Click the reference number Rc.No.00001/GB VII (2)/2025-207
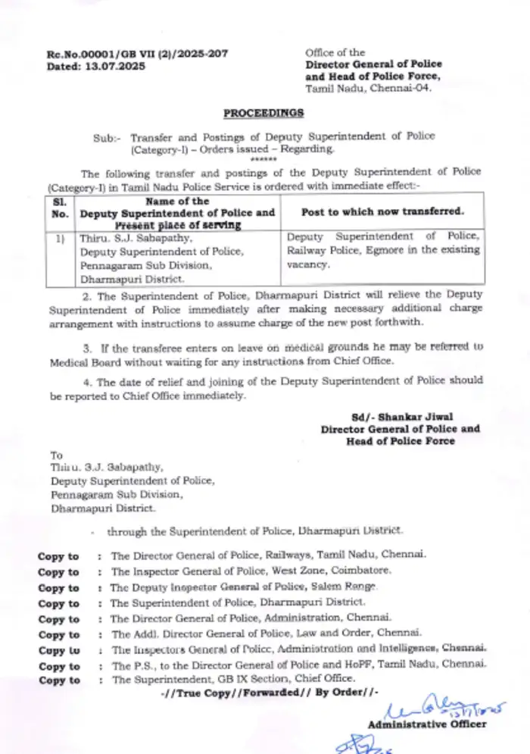point(137,54)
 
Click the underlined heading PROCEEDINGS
point(263,113)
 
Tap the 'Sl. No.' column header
point(61,207)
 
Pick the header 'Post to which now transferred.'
point(382,213)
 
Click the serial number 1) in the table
point(60,238)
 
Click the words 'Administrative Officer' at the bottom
point(427,725)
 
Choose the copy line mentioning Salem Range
point(243,587)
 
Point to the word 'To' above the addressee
point(57,455)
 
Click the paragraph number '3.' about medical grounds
point(88,348)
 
